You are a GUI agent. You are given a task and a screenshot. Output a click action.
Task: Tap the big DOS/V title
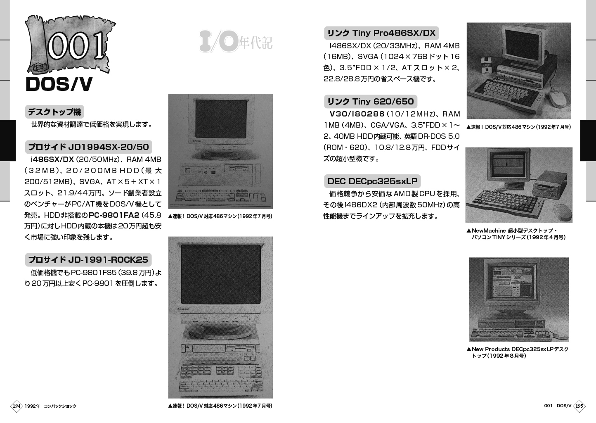[59, 84]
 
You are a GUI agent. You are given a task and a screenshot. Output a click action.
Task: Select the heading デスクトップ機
[54, 112]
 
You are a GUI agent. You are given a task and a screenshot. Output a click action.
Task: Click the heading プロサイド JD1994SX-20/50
[89, 147]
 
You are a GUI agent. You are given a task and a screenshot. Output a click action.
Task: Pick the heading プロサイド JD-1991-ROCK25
[88, 260]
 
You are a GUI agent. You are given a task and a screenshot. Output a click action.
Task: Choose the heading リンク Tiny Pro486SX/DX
[381, 33]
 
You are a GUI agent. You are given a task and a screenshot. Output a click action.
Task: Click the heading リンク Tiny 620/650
[370, 102]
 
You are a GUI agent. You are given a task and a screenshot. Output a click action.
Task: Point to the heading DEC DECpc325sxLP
[372, 181]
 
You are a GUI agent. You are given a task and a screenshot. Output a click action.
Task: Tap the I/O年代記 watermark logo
[236, 42]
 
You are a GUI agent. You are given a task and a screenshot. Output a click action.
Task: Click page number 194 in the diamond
[17, 406]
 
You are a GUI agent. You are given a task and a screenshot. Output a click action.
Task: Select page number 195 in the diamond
[579, 406]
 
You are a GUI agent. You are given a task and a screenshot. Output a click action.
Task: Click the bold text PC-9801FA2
[114, 215]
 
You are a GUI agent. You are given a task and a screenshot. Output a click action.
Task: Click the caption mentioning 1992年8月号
[518, 352]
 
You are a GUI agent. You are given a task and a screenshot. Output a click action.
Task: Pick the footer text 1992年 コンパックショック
[50, 406]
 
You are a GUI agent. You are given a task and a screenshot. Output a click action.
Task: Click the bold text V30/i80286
[357, 114]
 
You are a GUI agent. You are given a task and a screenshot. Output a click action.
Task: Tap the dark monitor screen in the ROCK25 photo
[220, 274]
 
